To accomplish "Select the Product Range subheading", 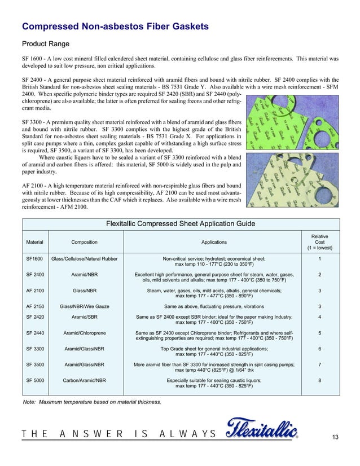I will [45, 44].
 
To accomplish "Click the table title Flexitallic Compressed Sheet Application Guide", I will [181, 224].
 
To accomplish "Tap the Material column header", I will [34, 242].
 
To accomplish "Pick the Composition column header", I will [84, 242].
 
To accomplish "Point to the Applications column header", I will [214, 242].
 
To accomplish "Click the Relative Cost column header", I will [319, 242].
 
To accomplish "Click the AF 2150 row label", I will [36, 306].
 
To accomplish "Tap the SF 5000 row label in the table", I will [36, 381].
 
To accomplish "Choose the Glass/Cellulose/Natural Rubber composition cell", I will [85, 259].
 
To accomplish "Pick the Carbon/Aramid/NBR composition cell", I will [85, 381].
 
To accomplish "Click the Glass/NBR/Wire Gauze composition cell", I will [85, 306].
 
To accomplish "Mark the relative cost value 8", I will [320, 381].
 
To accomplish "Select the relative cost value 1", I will [320, 259].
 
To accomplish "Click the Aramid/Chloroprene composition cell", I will [85, 333].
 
